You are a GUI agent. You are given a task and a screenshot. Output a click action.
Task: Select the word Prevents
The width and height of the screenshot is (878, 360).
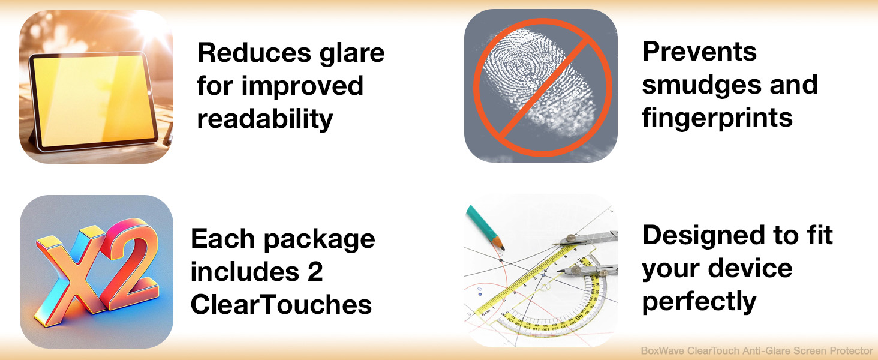[x=699, y=52]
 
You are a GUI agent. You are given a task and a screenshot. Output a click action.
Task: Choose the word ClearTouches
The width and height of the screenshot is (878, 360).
[x=281, y=305]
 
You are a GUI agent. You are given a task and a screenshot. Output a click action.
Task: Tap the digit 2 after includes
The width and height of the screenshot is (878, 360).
[x=315, y=272]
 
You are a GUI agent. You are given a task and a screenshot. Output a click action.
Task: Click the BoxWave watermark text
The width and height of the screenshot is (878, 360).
[x=757, y=350]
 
